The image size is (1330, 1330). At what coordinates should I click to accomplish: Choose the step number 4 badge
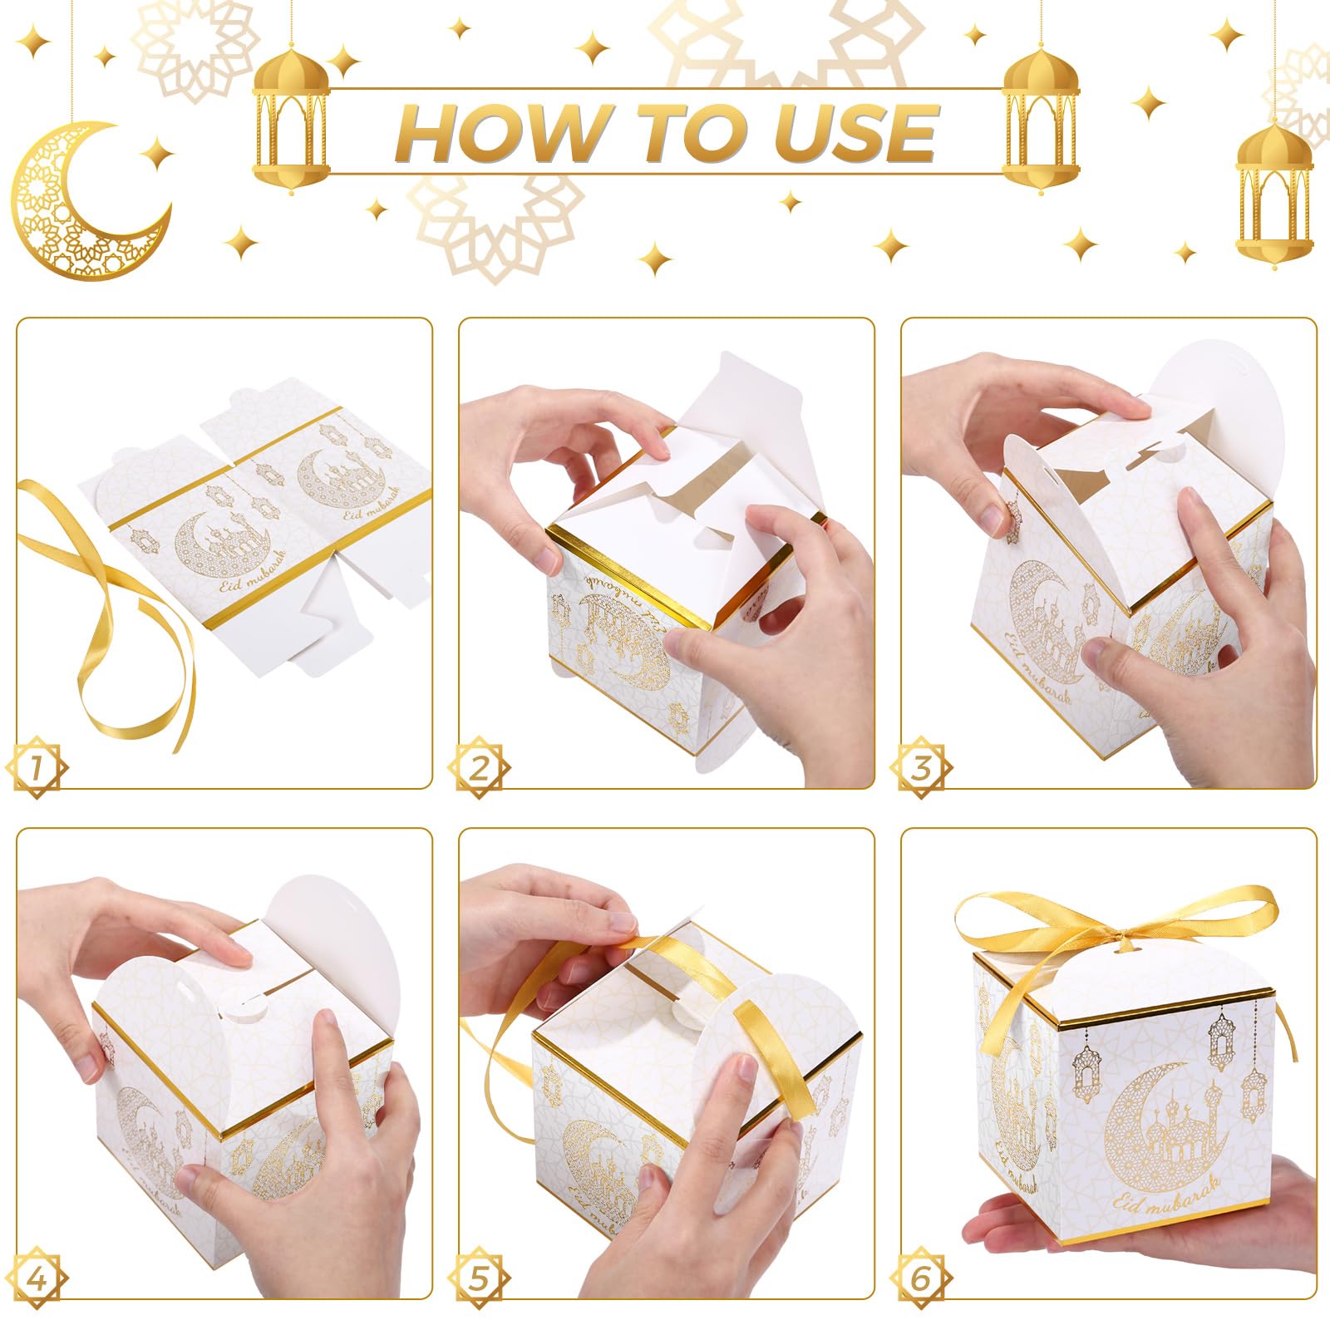coord(37,1278)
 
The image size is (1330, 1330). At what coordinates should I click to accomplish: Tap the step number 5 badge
coord(479,1278)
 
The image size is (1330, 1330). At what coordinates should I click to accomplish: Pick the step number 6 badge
coord(921,1278)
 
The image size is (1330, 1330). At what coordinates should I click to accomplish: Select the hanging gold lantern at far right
coord(1273,191)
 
